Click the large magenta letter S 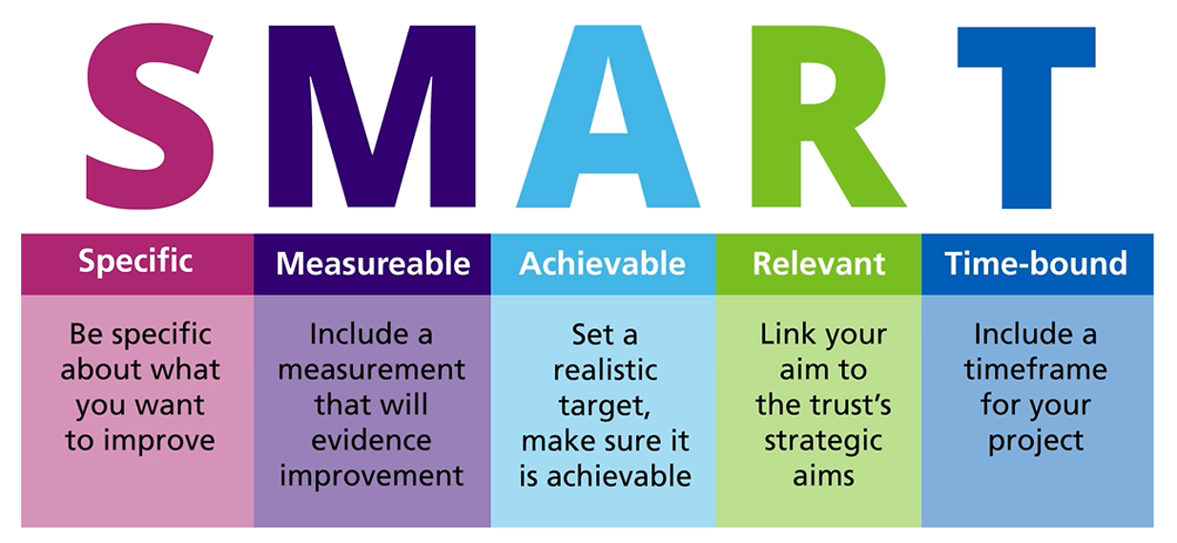click(150, 116)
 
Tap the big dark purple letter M click(372, 116)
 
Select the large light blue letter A click(608, 116)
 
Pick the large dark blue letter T click(1026, 116)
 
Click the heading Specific click(135, 261)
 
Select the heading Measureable click(373, 263)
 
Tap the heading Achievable click(602, 263)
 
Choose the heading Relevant click(818, 263)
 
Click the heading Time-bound click(1036, 262)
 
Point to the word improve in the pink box click(159, 441)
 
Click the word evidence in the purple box click(371, 440)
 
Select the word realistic click(605, 370)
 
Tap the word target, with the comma click(605, 407)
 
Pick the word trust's click(850, 405)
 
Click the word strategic click(823, 442)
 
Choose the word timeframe click(1035, 369)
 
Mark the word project click(1036, 442)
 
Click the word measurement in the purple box click(371, 370)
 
